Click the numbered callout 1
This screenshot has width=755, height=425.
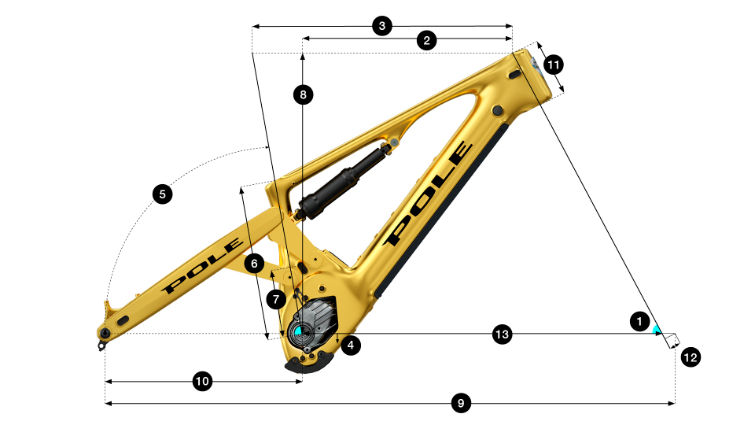639,321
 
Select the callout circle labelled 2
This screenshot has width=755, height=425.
426,40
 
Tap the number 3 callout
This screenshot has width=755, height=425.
382,25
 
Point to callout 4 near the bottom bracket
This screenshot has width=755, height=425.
351,345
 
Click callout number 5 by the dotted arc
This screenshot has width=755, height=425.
162,194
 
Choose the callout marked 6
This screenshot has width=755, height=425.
254,264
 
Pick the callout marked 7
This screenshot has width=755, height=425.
276,300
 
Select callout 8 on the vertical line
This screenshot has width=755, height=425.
303,94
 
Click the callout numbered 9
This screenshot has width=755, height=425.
461,403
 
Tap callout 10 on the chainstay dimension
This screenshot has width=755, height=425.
202,382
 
